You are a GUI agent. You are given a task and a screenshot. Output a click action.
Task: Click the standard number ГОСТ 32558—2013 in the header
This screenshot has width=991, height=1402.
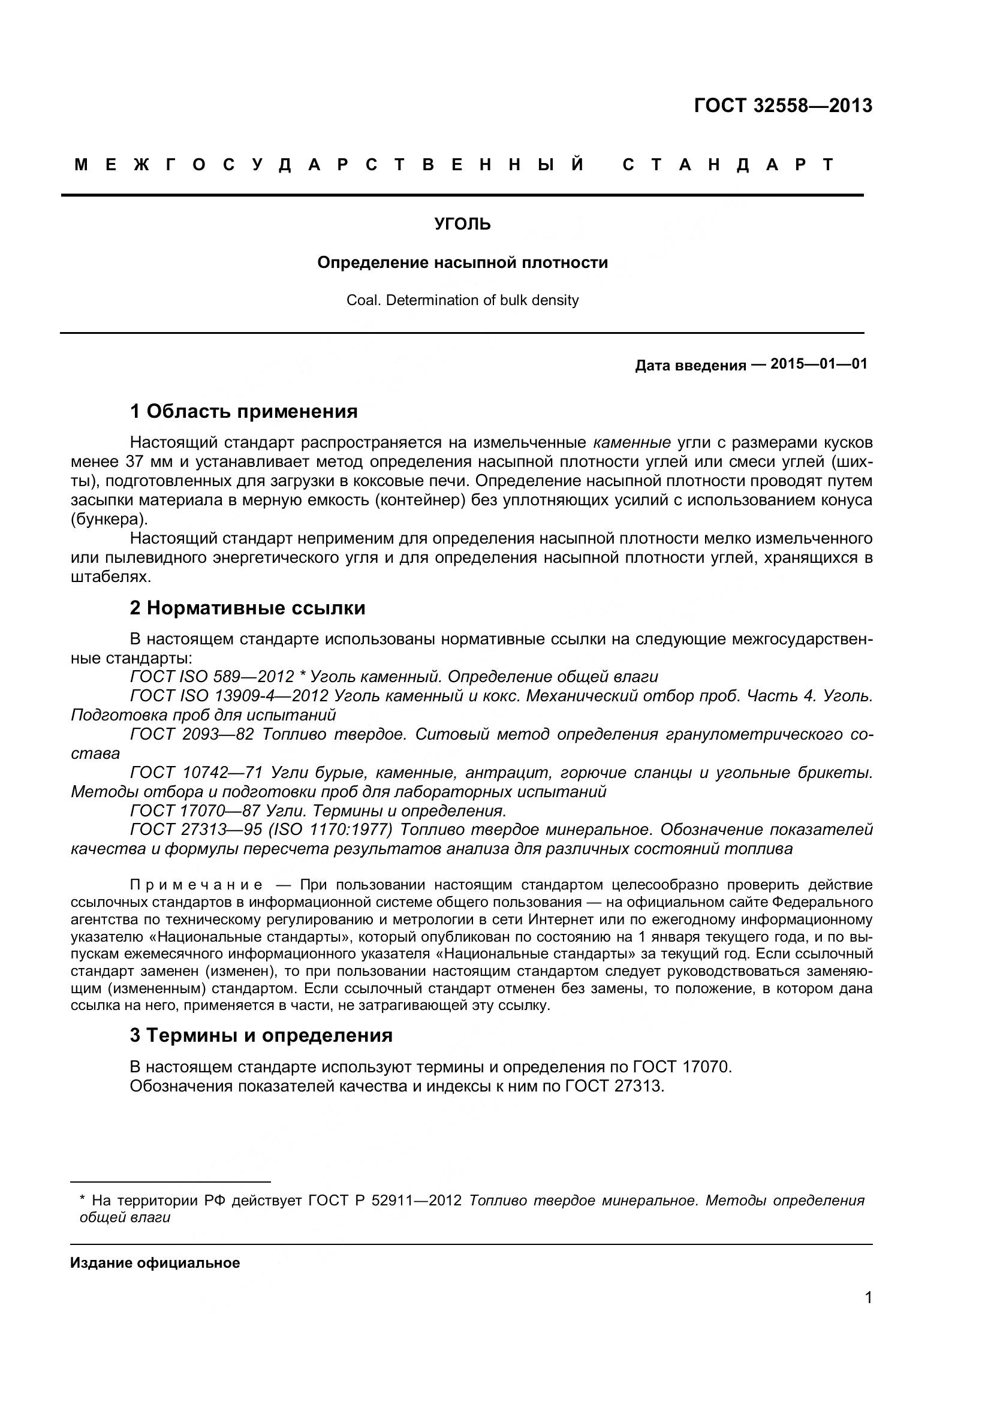click(x=783, y=106)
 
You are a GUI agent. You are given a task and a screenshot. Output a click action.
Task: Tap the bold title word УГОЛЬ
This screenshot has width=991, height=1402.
click(x=462, y=224)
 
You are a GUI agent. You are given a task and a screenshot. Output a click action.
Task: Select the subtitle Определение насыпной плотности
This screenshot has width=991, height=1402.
click(x=462, y=263)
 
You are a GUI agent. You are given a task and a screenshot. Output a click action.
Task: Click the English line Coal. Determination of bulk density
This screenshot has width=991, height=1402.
click(x=462, y=300)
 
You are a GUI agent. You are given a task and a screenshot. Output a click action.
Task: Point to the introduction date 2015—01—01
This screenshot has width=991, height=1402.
click(x=818, y=364)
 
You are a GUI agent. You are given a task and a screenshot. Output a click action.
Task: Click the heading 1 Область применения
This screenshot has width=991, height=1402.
click(x=243, y=412)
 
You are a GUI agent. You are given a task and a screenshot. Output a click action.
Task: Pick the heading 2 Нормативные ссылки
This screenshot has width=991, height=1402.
click(x=247, y=608)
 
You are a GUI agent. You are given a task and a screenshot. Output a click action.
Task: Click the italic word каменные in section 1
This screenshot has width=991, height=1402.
click(x=631, y=442)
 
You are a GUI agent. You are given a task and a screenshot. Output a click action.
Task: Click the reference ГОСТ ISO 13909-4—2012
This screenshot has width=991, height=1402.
click(x=229, y=695)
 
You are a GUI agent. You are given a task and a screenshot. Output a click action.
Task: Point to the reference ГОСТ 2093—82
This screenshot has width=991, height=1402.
click(x=192, y=734)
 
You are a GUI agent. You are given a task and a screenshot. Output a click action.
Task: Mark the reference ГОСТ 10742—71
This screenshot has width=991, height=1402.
click(x=196, y=773)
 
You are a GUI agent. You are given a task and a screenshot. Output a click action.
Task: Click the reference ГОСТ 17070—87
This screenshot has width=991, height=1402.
click(x=196, y=811)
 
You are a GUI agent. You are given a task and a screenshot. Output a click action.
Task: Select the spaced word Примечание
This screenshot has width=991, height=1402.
click(x=196, y=885)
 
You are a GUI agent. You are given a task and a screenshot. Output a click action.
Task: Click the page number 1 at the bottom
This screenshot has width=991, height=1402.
click(x=868, y=1314)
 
